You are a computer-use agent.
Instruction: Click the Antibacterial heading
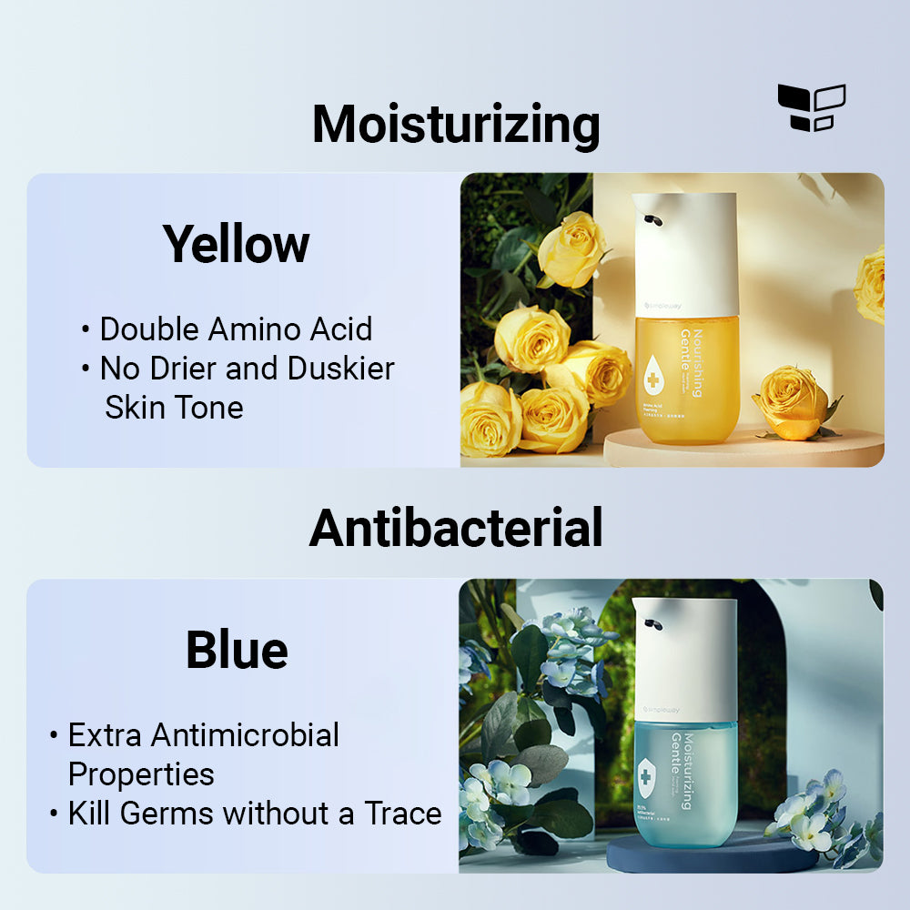(456, 528)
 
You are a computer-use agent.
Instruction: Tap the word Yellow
(237, 244)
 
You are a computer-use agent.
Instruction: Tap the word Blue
(237, 650)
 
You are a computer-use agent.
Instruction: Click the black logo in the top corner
(812, 107)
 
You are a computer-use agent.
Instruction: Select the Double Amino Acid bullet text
(236, 329)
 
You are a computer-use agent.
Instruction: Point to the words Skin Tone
(174, 407)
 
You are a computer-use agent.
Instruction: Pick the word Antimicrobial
(245, 735)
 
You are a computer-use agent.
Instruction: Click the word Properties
(141, 774)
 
